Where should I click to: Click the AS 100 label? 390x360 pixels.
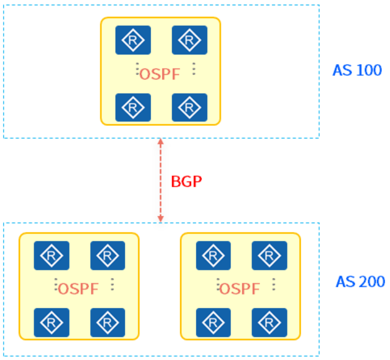click(x=357, y=70)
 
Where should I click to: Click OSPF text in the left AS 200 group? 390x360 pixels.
click(x=78, y=289)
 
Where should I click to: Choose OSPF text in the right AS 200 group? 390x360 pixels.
click(x=240, y=289)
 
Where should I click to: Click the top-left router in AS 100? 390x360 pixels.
click(x=133, y=40)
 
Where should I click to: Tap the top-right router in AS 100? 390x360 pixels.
click(x=189, y=40)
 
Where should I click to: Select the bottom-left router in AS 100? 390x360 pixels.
click(x=133, y=107)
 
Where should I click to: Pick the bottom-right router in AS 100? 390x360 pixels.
click(x=189, y=107)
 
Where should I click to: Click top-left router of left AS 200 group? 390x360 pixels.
click(x=52, y=255)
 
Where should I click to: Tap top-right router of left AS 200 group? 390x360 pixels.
click(x=108, y=255)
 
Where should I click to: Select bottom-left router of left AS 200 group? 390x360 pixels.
click(x=52, y=322)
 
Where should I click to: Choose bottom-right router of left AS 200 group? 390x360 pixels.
click(x=108, y=322)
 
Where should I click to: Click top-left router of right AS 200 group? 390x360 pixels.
click(x=213, y=255)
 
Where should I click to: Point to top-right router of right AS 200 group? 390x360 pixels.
click(x=269, y=255)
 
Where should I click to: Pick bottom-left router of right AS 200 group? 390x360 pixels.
click(x=213, y=322)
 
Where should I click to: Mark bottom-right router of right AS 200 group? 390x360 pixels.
click(x=269, y=322)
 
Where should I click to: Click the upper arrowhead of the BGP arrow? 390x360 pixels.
click(x=160, y=143)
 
